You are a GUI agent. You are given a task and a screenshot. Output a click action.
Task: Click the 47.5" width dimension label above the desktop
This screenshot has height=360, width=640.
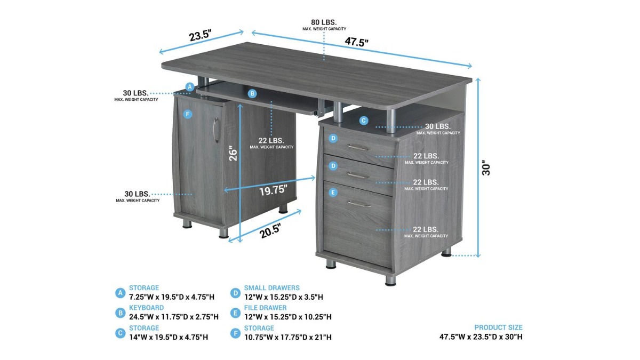[x=356, y=42]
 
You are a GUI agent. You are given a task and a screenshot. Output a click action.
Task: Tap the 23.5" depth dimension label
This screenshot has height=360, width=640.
[x=201, y=35]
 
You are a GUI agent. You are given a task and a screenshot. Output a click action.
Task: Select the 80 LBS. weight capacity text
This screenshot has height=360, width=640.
[x=324, y=22]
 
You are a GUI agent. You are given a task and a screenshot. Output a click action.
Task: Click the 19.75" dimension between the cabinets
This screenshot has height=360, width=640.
[x=273, y=190]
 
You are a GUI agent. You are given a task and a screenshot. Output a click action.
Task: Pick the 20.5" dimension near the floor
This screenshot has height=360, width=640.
[x=270, y=231]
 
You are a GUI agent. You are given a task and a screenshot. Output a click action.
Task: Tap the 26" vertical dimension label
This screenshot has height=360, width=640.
[x=233, y=154]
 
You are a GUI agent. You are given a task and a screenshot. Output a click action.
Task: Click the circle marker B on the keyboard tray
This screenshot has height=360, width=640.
[x=252, y=93]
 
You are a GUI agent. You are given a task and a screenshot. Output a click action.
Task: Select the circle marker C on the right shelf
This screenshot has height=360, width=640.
[x=363, y=121]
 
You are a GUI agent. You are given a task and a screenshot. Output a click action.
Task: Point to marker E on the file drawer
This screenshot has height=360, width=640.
[x=333, y=193]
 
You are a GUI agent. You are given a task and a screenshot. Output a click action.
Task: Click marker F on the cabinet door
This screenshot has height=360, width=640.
[x=187, y=115]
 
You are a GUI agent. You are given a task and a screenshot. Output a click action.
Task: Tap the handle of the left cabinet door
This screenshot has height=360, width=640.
[x=215, y=130]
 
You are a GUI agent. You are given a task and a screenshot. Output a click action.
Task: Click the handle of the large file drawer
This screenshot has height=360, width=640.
[x=359, y=204]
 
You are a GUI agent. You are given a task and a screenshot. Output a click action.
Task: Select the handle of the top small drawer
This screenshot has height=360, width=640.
[x=359, y=147]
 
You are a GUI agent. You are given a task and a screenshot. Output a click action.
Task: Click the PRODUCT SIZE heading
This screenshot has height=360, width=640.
[x=498, y=327]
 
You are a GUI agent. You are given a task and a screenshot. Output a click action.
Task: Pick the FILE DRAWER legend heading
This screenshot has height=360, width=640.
[x=265, y=308]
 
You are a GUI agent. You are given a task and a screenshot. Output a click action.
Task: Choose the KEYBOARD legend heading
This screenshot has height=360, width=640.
[x=146, y=308]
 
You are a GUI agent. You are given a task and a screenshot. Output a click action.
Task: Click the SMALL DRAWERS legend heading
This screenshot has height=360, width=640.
[x=271, y=287]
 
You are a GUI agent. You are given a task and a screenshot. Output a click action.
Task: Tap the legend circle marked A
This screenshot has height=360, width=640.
[x=121, y=293]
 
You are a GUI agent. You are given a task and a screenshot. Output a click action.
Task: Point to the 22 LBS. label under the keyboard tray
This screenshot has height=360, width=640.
[x=271, y=141]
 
